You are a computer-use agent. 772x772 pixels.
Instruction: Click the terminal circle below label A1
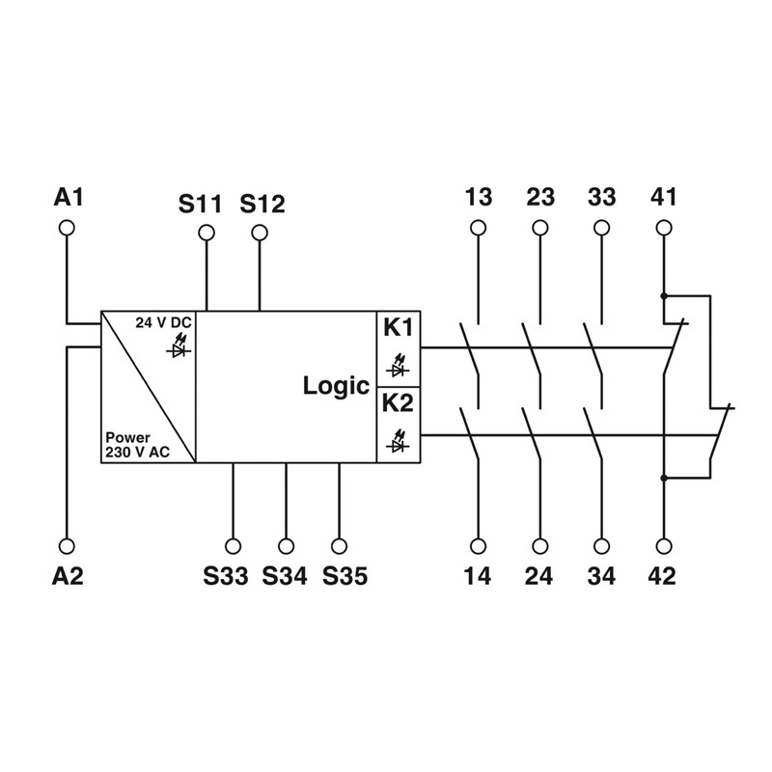click(68, 228)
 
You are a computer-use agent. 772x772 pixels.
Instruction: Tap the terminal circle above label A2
click(68, 545)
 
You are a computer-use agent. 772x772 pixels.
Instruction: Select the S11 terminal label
click(200, 204)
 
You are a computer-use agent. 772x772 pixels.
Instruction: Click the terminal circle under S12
click(259, 233)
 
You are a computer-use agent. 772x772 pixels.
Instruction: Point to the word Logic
click(336, 386)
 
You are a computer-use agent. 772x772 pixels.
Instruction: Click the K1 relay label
click(398, 328)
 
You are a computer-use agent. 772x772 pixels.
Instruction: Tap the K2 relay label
click(398, 402)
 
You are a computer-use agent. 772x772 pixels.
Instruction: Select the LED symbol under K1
click(396, 367)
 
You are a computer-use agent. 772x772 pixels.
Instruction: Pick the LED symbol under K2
click(396, 444)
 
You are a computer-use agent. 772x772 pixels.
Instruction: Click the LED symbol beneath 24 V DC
click(179, 345)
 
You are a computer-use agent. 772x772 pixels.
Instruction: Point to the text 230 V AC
click(137, 452)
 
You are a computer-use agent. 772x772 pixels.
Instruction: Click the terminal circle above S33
click(233, 545)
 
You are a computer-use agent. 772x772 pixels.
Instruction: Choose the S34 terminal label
click(285, 576)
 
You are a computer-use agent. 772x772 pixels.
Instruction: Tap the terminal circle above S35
click(338, 545)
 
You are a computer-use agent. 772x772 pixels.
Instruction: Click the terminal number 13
click(478, 198)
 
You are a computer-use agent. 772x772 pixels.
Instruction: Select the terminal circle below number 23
click(540, 228)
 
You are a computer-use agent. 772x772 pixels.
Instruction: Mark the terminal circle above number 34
click(601, 545)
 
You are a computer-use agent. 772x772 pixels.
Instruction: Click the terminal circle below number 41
click(663, 228)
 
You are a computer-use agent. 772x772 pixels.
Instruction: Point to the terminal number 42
click(663, 576)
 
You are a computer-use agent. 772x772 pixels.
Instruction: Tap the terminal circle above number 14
click(478, 545)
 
